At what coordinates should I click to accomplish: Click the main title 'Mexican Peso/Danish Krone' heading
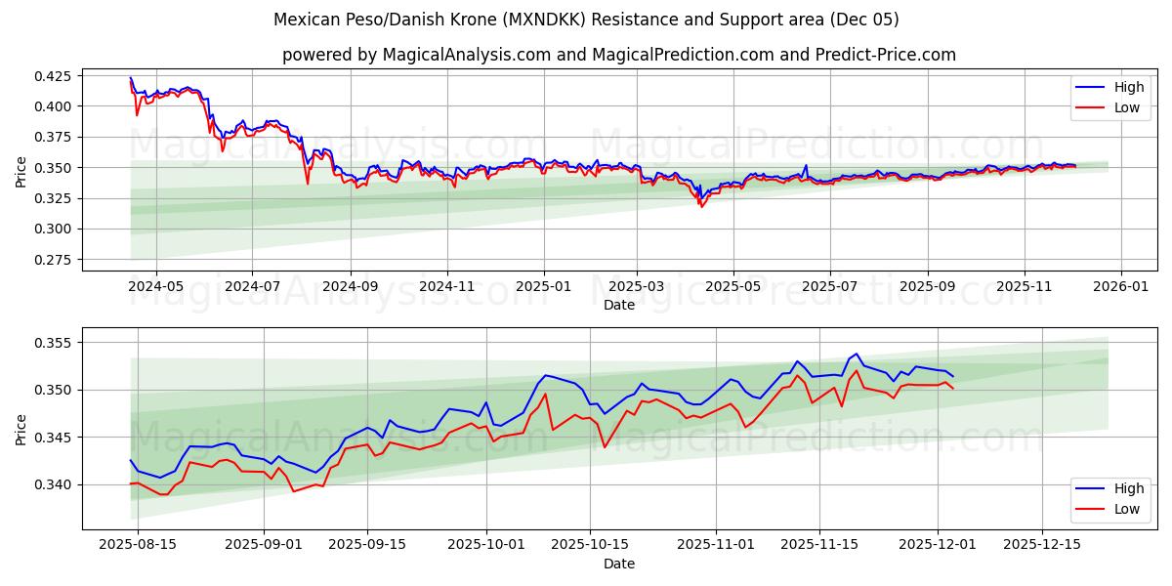pyautogui.click(x=586, y=20)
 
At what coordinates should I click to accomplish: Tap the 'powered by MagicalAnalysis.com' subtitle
pyautogui.click(x=619, y=55)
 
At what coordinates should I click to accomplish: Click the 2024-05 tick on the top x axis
pyautogui.click(x=156, y=288)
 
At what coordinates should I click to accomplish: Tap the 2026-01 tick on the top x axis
pyautogui.click(x=1120, y=288)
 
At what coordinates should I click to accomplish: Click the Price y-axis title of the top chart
pyautogui.click(x=21, y=171)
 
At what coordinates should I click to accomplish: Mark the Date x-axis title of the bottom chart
pyautogui.click(x=619, y=564)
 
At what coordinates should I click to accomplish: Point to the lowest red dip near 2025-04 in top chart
pyautogui.click(x=700, y=206)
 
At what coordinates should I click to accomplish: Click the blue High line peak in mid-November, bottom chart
pyautogui.click(x=857, y=354)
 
